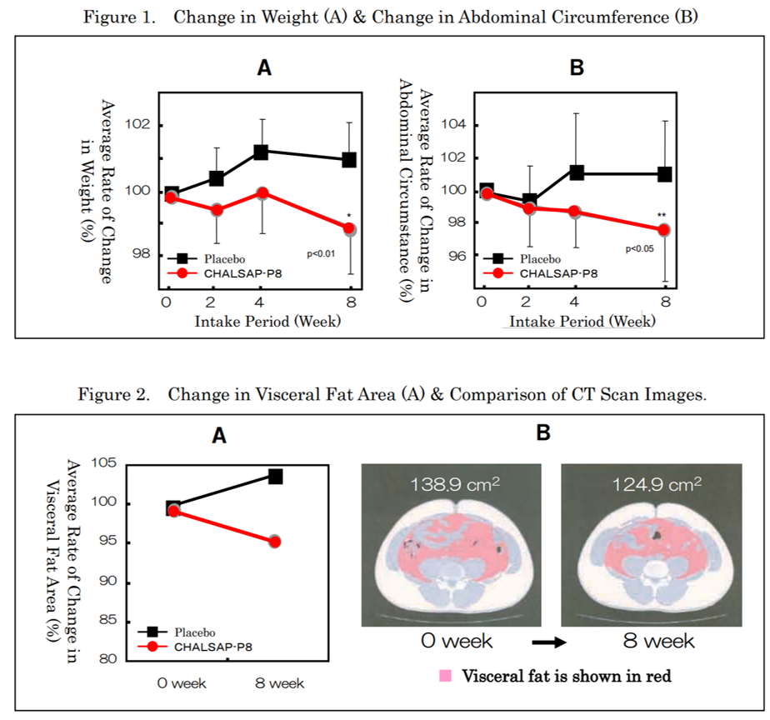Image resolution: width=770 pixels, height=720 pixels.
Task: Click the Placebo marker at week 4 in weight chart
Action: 261,152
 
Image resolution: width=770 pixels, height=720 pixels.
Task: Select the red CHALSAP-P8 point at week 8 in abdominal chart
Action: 664,229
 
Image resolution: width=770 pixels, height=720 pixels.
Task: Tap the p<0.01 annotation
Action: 321,253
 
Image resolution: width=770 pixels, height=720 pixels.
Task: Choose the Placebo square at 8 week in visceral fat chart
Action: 275,476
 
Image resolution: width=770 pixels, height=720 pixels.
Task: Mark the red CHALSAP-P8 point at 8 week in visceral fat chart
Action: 275,542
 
